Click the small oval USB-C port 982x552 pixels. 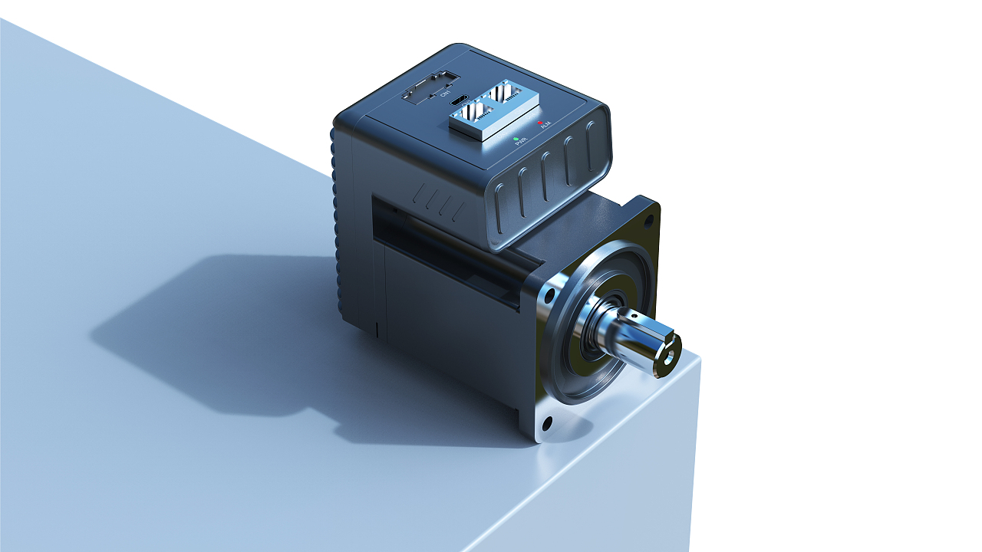459,100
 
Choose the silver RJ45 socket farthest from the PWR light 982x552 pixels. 506,93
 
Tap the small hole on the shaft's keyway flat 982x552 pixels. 634,314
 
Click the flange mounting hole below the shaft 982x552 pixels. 547,422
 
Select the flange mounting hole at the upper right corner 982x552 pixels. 648,220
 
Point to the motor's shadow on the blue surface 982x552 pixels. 230,337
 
